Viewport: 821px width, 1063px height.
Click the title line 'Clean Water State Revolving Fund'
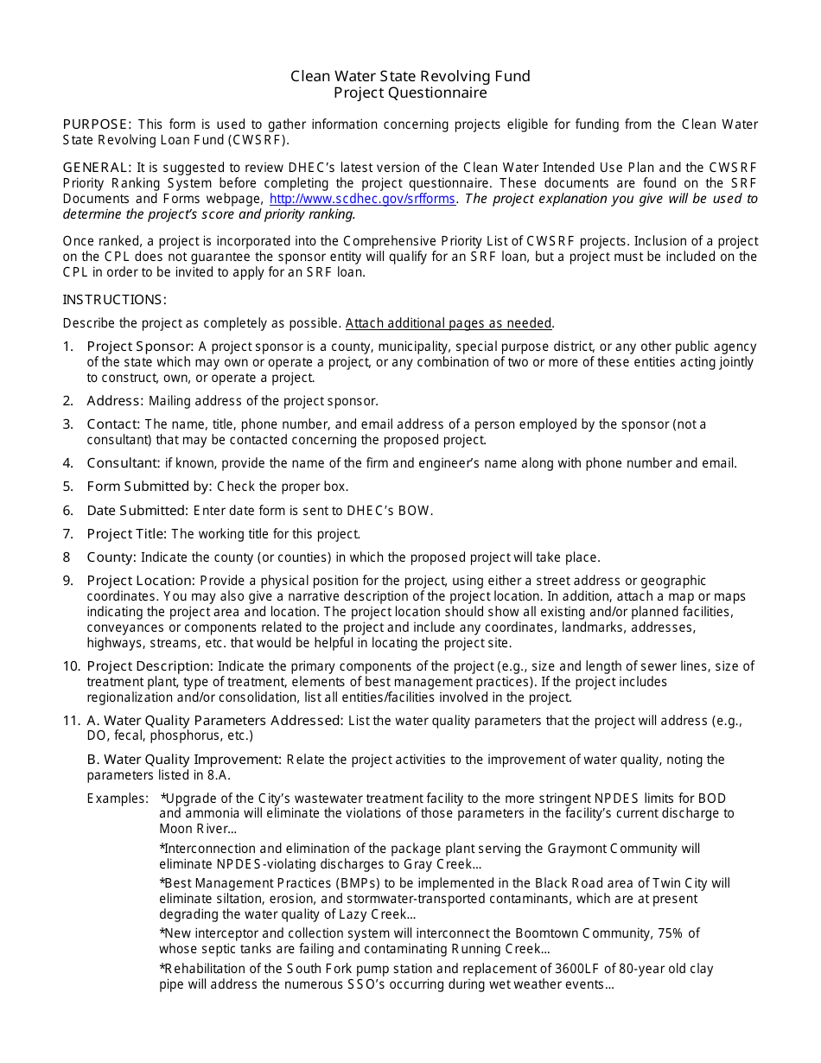click(410, 76)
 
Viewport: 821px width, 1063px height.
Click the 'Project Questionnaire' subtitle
click(410, 92)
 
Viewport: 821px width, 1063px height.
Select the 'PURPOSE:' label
click(97, 124)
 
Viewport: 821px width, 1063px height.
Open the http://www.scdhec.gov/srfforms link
click(364, 199)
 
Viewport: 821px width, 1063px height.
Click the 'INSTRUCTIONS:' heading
click(114, 300)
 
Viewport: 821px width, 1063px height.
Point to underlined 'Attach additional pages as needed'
click(449, 323)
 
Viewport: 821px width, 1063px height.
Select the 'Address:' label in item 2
click(116, 401)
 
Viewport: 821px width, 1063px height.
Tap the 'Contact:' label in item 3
click(113, 424)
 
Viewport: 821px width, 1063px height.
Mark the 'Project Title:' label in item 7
click(127, 534)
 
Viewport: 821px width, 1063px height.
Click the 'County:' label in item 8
click(111, 557)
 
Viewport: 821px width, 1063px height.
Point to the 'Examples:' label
click(118, 799)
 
